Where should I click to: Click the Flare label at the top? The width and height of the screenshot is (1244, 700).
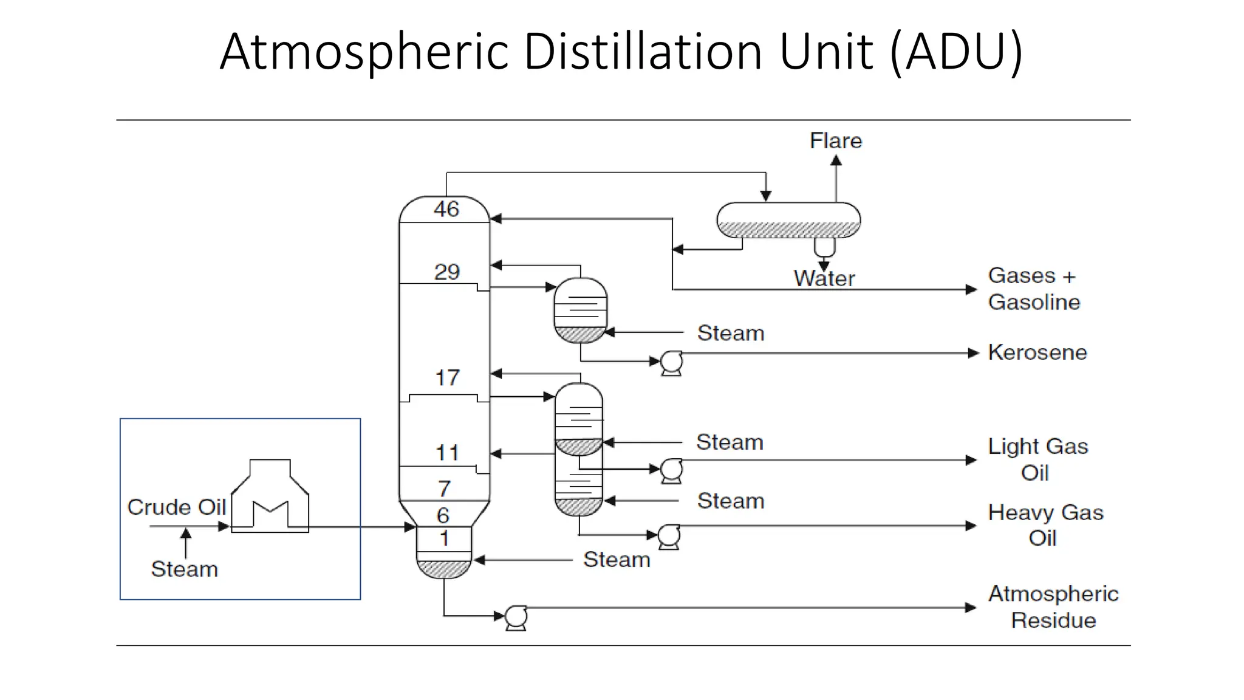(835, 141)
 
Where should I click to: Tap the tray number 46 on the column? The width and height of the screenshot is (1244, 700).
(446, 210)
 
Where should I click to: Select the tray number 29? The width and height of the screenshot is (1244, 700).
(446, 272)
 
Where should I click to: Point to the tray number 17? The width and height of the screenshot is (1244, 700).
(447, 378)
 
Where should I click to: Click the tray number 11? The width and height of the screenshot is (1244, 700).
(447, 453)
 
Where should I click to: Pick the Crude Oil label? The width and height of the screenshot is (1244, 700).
(176, 507)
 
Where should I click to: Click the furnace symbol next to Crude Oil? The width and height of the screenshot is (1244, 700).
(270, 498)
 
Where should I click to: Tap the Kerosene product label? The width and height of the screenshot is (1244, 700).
(1037, 352)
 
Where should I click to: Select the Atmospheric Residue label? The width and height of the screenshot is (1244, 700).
(1053, 607)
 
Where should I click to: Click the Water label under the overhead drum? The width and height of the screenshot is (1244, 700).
(824, 278)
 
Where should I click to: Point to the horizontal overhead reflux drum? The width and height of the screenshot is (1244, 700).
(788, 219)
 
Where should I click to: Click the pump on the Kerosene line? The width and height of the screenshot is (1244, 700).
(671, 363)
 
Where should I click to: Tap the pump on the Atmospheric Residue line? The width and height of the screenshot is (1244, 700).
(516, 617)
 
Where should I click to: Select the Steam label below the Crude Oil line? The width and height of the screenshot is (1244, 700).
(184, 569)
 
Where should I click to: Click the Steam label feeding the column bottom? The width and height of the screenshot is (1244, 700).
(616, 560)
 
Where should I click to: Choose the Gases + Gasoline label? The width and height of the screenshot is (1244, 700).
(1033, 289)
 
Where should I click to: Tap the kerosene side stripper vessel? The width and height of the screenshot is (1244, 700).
(580, 310)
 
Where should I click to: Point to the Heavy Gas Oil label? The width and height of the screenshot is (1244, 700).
(1045, 525)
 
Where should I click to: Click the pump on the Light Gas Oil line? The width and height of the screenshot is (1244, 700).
(671, 470)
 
